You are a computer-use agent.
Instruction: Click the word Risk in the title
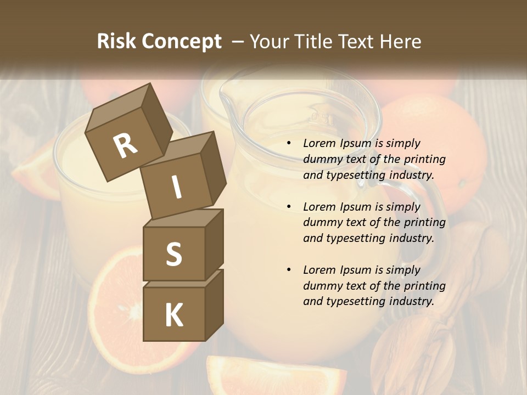[x=117, y=41]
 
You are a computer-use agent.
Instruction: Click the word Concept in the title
[x=182, y=41]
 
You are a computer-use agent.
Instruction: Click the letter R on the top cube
[x=125, y=145]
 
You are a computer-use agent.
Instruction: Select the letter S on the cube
[x=173, y=254]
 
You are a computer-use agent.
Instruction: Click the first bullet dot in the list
[x=289, y=144]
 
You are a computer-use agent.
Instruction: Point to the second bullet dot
[x=289, y=207]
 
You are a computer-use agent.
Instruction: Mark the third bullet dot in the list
[x=289, y=270]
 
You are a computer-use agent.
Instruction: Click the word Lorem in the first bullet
[x=318, y=143]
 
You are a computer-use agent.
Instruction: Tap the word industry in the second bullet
[x=411, y=238]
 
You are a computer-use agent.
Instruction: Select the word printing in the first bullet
[x=425, y=159]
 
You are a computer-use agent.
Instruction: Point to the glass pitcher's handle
[x=434, y=219]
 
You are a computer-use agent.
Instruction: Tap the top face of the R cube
[x=118, y=104]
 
